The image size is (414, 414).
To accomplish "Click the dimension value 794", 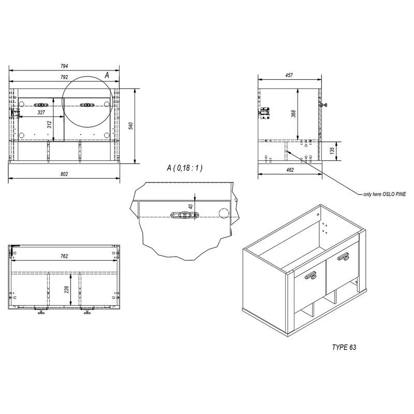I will point(64,66).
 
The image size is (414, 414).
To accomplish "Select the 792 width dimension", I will point(64,78).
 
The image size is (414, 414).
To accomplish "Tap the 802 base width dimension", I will point(64,174).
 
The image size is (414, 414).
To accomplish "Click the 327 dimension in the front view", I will point(40,112).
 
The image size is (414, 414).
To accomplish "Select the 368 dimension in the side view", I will point(293,114).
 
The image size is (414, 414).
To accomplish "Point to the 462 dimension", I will point(290,169).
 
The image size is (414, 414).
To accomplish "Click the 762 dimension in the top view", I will point(64,256).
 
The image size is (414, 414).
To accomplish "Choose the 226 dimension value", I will point(66,289).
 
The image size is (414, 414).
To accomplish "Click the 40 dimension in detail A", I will point(190,206).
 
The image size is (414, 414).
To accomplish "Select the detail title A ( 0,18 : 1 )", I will point(184,168).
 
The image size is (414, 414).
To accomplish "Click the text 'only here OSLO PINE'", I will point(385,194).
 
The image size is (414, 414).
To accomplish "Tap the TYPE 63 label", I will point(344,347).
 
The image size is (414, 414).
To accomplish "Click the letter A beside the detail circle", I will point(107,75).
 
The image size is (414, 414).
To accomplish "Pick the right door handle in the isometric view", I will point(344,255).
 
